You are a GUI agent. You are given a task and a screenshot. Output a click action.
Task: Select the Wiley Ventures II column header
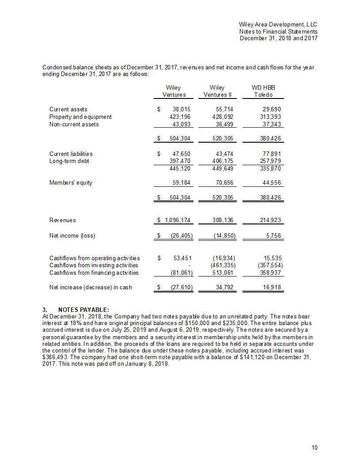(x=217, y=91)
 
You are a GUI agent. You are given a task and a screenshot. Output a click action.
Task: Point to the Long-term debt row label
(x=69, y=161)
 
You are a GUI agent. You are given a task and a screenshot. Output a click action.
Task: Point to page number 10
(x=314, y=448)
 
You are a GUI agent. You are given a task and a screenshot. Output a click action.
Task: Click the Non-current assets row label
(x=74, y=125)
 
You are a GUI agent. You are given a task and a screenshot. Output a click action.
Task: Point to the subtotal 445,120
(x=180, y=169)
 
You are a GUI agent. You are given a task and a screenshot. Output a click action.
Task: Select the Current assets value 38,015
(x=180, y=110)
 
